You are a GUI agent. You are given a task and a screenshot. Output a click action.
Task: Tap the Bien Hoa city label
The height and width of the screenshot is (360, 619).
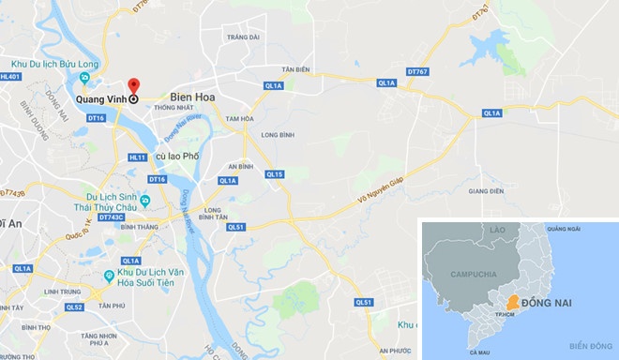pos(195,97)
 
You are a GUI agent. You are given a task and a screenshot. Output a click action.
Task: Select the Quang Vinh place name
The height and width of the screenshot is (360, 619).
pos(101,97)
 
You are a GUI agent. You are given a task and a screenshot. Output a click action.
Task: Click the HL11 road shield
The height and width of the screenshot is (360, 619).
pos(137,157)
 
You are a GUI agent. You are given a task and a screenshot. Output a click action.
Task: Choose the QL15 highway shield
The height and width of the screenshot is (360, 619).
pos(274,173)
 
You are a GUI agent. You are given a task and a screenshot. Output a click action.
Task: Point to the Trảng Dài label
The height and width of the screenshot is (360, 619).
pos(242,37)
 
